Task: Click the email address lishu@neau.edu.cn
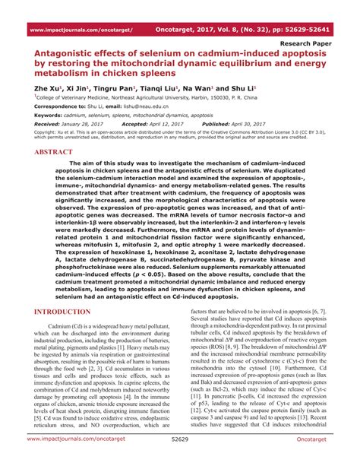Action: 150,106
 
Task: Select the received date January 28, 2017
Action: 86,122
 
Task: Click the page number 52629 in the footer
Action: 179,460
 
